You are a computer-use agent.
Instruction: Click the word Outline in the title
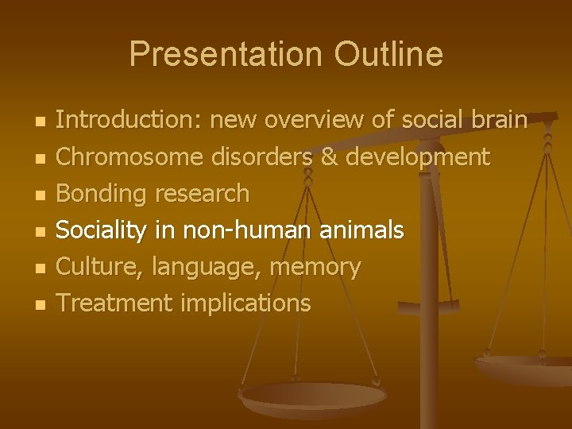pos(388,54)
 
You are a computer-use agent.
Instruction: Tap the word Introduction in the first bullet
pos(128,120)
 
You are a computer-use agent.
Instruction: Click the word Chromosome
pos(131,157)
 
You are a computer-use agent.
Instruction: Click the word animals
pos(364,230)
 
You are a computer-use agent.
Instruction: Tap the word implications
pos(245,303)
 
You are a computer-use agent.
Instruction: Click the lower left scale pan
pos(302,396)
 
